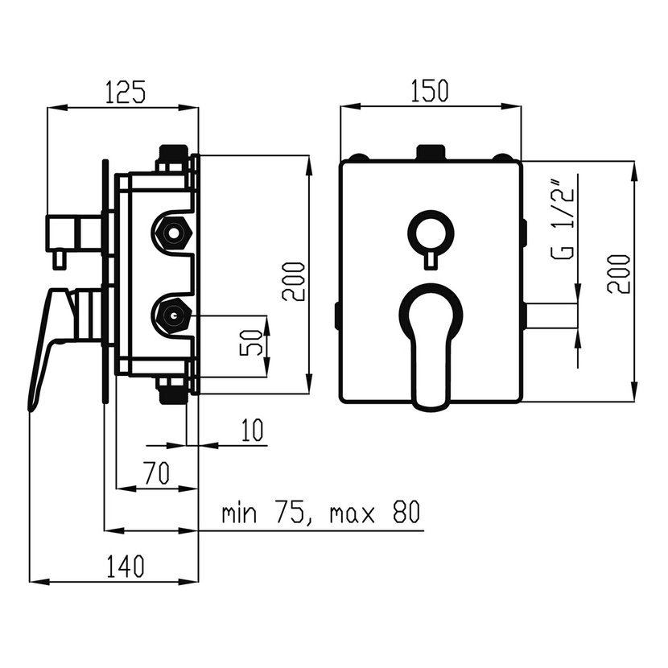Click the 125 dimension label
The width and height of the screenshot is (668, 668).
pos(124,91)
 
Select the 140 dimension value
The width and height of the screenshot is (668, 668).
pos(124,564)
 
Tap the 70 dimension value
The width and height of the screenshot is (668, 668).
pos(157,473)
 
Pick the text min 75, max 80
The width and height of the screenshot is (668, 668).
pos(321,513)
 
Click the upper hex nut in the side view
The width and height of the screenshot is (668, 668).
pos(171,233)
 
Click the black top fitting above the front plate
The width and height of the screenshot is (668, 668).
pos(430,153)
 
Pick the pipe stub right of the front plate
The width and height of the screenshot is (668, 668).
pos(550,315)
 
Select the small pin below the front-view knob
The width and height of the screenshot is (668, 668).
pos(430,258)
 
